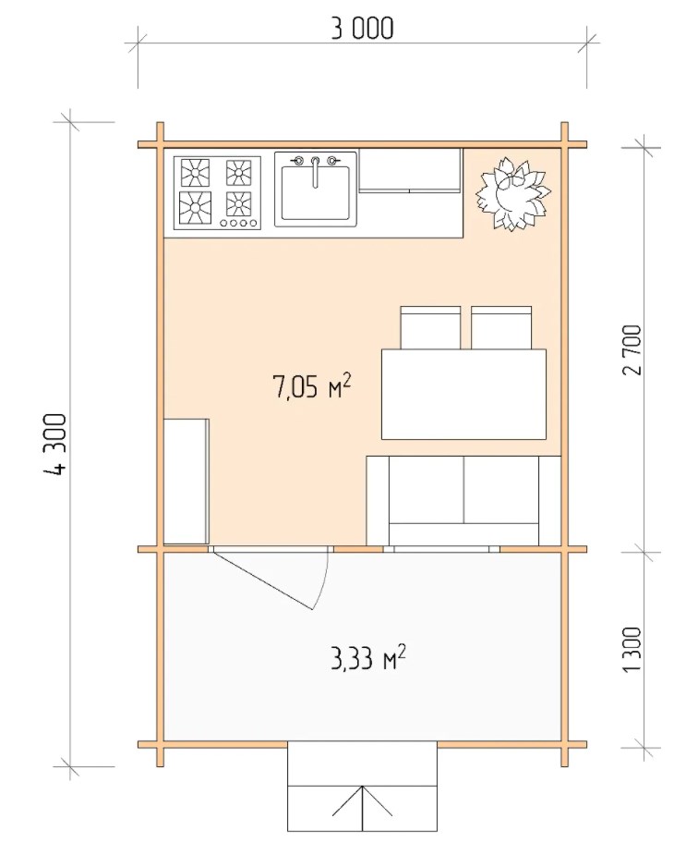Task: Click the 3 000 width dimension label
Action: (362, 29)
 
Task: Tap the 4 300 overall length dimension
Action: (55, 444)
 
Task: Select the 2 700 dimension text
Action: (632, 350)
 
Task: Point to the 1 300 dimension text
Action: (632, 648)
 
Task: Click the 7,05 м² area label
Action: (312, 386)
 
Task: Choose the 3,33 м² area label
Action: (368, 657)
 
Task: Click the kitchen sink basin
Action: (316, 193)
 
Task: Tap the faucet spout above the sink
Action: (316, 172)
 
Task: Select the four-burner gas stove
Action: (217, 193)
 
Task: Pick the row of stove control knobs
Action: (240, 223)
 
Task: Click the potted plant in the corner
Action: (512, 194)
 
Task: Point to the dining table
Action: (463, 394)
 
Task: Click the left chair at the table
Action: (430, 328)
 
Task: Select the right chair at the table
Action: (501, 328)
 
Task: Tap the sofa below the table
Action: (463, 501)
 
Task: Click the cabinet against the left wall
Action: (186, 482)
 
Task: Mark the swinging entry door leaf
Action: (262, 580)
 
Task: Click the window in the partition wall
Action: (441, 549)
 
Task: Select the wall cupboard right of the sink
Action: (410, 170)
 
